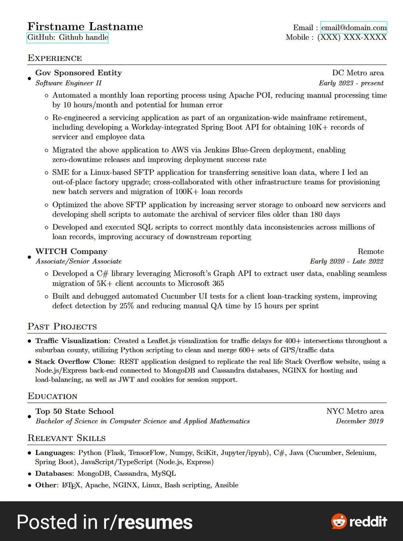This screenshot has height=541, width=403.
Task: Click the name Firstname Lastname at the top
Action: tap(85, 27)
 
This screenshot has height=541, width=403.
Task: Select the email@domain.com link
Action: tap(354, 28)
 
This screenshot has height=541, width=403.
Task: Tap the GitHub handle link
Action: tap(68, 37)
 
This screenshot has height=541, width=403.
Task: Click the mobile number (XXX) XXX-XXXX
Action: tap(352, 37)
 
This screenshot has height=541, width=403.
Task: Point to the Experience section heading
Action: tap(55, 58)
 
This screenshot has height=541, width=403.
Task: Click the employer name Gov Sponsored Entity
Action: tap(79, 73)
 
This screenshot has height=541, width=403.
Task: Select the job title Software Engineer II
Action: tap(69, 83)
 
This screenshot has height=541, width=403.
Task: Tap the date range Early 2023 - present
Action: tap(351, 83)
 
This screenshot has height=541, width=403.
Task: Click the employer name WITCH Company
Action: tap(71, 251)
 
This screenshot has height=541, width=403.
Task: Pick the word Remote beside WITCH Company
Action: tap(370, 251)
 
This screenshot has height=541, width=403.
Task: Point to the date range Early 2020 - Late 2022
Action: tap(346, 261)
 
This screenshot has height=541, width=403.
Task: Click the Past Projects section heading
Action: tap(62, 327)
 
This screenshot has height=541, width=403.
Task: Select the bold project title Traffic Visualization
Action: tap(72, 341)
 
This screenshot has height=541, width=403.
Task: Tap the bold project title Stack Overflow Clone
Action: tap(75, 362)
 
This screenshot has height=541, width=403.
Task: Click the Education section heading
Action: tap(52, 396)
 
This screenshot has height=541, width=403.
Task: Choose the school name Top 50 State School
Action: tap(75, 411)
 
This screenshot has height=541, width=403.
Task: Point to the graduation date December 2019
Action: tap(359, 421)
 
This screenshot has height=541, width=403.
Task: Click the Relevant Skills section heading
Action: tap(66, 438)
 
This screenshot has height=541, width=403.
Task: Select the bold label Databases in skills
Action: tap(54, 473)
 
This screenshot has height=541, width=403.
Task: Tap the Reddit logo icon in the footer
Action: tap(339, 522)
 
